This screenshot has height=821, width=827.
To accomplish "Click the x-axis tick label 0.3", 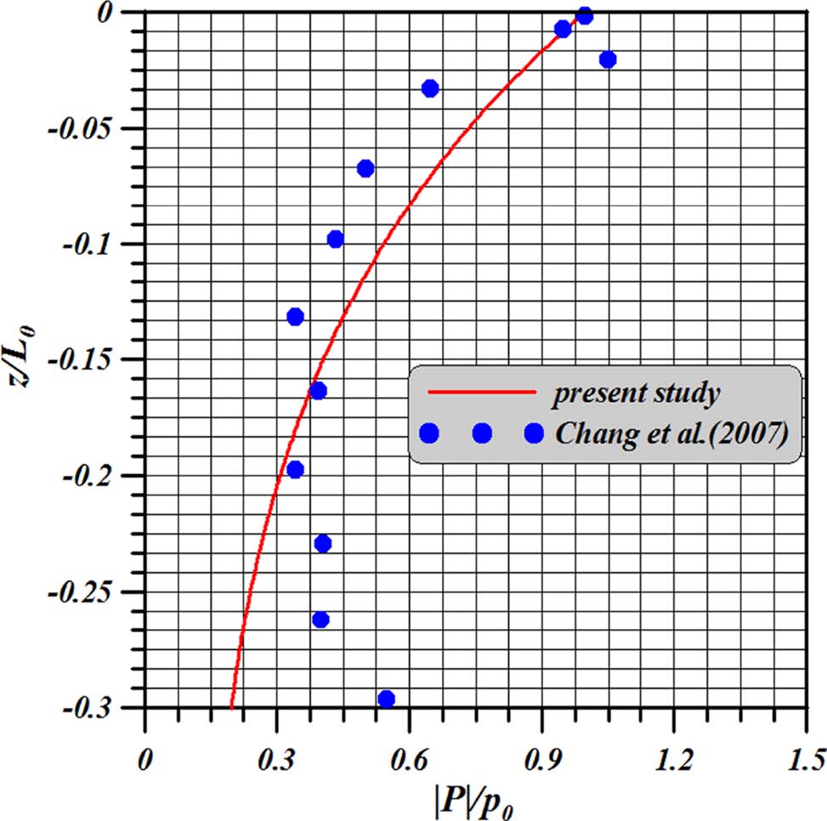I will point(276,756).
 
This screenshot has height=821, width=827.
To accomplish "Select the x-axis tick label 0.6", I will point(409,756).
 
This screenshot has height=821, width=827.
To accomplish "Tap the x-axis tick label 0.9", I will point(541,756).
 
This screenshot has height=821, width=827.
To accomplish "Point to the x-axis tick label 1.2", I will point(673,756).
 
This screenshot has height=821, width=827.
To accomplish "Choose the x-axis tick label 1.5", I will point(804,756).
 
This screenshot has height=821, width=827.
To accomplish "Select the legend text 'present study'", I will point(637,394).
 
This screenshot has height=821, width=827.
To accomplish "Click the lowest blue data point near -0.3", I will point(386,699).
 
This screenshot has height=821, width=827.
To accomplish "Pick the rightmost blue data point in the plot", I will point(607,59).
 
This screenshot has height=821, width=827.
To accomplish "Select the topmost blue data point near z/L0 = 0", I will point(584,16).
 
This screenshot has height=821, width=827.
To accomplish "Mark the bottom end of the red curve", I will point(231,705).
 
